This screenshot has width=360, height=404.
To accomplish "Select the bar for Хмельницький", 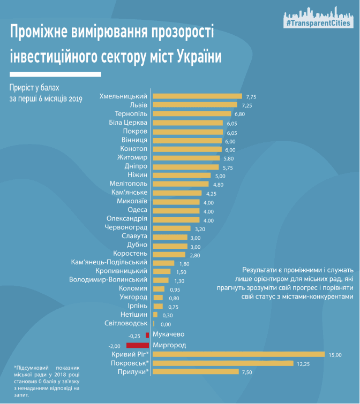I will (198, 96).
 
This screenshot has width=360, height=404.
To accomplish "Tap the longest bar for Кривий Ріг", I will (239, 354).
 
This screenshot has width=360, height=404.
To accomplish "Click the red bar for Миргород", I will (138, 345).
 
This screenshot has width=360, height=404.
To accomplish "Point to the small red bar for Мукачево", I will (147, 335).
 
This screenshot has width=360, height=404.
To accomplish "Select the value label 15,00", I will (335, 354).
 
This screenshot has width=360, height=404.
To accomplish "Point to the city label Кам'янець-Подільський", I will (109, 262).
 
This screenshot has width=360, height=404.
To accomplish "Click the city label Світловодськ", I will (126, 323).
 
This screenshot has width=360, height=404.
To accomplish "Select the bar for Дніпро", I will (184, 166).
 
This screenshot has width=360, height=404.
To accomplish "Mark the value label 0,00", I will (165, 324).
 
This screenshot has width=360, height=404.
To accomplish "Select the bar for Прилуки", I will (198, 371).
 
